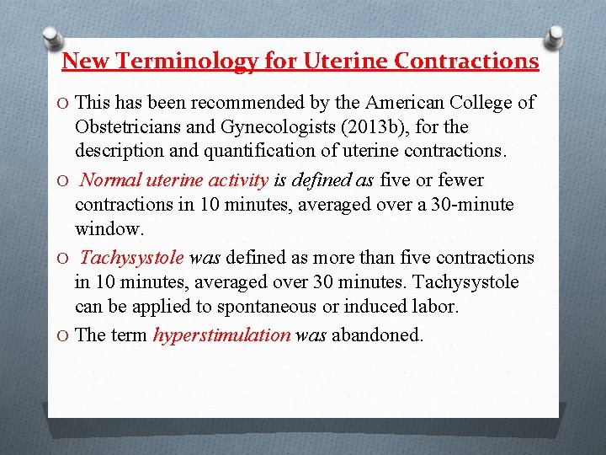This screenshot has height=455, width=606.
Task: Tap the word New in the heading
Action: click(x=82, y=62)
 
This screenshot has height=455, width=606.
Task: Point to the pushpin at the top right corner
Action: click(x=555, y=37)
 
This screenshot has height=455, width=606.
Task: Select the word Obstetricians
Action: click(x=130, y=127)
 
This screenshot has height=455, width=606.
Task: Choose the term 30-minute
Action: click(x=471, y=204)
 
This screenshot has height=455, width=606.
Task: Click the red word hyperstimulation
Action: click(x=221, y=335)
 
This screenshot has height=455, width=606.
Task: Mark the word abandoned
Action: click(x=378, y=335)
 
